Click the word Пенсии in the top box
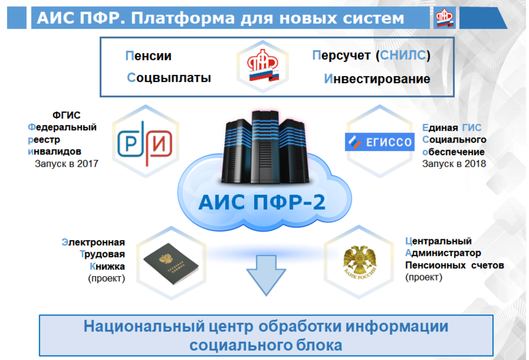coord(148,55)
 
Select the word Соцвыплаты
coord(169,78)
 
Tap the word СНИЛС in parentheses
coord(403,55)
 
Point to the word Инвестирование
coord(377,79)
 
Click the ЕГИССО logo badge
coord(379,142)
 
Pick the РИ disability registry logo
coord(145,143)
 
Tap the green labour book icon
coord(171,263)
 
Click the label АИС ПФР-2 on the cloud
coord(262,203)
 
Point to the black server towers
coord(265,147)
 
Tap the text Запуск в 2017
coord(66,164)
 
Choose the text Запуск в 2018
coord(454,164)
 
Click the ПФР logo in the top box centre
coord(263,66)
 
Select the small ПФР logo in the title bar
coord(444,18)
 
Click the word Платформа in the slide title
coord(183,18)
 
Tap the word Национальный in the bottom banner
coord(145,326)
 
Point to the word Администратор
coord(443,253)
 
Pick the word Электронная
coord(93,242)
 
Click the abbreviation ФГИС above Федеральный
coord(66,115)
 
